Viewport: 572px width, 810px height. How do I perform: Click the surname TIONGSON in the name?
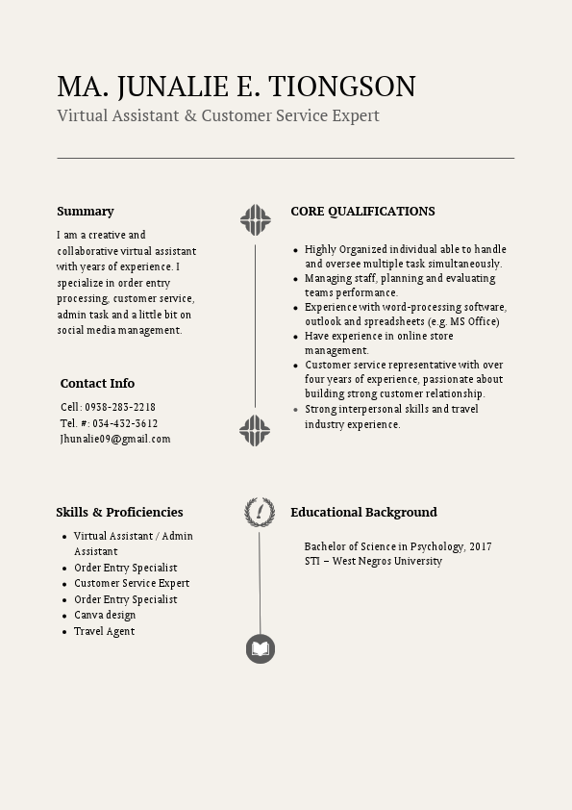[x=342, y=87]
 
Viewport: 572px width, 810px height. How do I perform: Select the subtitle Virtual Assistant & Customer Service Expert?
[x=218, y=115]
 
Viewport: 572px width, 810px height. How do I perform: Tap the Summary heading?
[x=86, y=211]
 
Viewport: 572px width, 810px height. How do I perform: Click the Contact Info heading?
[x=97, y=383]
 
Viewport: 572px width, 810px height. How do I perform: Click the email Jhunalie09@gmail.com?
[x=115, y=439]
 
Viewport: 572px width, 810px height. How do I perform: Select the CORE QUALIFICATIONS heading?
[x=362, y=211]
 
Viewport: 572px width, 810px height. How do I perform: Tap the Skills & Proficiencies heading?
[x=119, y=512]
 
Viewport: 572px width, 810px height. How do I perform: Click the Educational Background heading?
[x=363, y=512]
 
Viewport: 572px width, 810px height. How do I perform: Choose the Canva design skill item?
[x=105, y=615]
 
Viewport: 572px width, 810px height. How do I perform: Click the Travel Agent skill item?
[x=104, y=631]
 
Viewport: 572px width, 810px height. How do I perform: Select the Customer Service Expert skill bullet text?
[x=132, y=583]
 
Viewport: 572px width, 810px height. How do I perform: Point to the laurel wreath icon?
[x=259, y=512]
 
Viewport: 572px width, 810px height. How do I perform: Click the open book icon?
[x=261, y=649]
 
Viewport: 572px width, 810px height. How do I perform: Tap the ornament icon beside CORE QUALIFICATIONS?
[x=256, y=220]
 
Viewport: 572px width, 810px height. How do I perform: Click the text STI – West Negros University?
[x=373, y=561]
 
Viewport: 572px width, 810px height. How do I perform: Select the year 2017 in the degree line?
[x=481, y=546]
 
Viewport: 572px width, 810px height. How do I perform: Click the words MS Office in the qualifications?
[x=483, y=321]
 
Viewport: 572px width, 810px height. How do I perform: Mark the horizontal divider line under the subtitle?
[x=286, y=157]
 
